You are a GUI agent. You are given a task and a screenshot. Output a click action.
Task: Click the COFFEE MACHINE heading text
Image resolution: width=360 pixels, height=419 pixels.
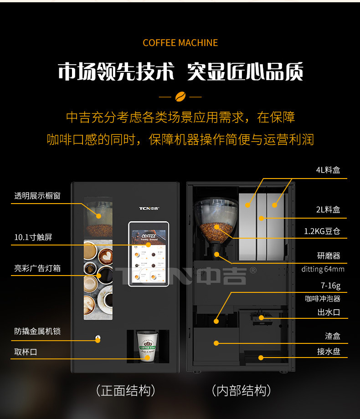point(180,43)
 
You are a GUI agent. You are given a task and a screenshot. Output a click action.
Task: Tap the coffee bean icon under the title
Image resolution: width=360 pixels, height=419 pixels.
point(180,97)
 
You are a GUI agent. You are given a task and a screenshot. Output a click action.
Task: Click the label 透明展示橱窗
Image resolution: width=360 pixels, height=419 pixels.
point(37,196)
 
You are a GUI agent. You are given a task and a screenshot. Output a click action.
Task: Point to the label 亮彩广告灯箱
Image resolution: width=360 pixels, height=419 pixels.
point(37,268)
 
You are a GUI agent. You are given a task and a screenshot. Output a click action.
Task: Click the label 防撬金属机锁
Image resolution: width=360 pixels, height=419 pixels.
point(37,331)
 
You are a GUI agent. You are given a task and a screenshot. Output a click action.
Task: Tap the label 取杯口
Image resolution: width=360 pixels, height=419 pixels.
point(26,352)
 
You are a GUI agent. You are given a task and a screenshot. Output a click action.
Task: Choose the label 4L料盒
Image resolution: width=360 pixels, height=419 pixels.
point(328,170)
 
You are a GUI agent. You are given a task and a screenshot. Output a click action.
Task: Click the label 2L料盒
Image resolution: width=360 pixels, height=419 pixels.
point(328,209)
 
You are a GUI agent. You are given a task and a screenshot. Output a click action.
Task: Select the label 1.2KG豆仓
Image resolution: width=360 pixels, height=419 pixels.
point(322,231)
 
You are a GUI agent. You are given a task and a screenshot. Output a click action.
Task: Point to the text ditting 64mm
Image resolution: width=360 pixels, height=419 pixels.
point(323,269)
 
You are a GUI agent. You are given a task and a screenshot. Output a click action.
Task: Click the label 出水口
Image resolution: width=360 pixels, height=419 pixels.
point(329,312)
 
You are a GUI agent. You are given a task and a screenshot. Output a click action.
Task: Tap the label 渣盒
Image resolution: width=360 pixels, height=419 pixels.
point(333,336)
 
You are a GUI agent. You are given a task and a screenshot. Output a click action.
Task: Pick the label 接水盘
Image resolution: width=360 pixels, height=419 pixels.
point(329,352)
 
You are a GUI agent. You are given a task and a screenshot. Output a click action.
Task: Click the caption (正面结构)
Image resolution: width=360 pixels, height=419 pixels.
point(126,390)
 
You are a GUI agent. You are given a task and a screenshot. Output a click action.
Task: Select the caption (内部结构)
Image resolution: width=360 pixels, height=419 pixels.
point(241,390)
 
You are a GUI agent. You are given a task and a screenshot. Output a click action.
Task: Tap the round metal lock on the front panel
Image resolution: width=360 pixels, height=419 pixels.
point(98,339)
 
